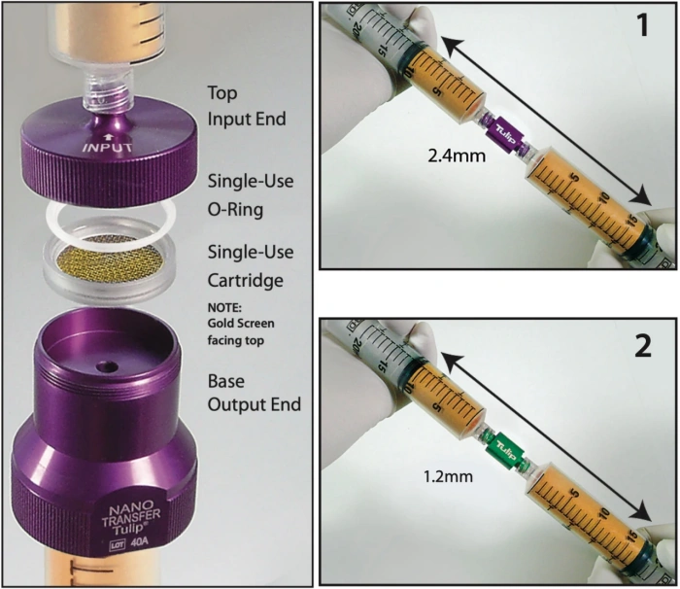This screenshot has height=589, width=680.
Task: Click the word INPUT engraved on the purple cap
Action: tap(108, 148)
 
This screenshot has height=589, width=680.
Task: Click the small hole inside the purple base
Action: tap(107, 367)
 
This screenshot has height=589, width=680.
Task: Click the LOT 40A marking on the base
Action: tap(128, 543)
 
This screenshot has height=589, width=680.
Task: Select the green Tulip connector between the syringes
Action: tap(506, 449)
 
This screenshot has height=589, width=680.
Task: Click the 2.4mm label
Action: tap(457, 156)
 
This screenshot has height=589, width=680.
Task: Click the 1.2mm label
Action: tap(448, 476)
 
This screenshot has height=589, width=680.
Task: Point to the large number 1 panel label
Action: tap(643, 24)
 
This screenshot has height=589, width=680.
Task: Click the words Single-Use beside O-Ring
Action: tap(251, 182)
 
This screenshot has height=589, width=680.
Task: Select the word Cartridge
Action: tap(246, 281)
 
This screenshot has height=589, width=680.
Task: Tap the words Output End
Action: tap(255, 404)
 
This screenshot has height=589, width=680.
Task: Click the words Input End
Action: tap(247, 119)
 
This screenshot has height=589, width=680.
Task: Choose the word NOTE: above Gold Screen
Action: tap(224, 308)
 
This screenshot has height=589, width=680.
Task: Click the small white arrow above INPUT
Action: tap(109, 137)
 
